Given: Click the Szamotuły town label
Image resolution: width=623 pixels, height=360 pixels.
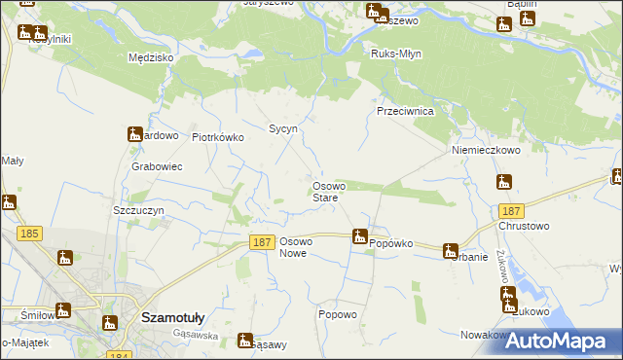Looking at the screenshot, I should point(171,317).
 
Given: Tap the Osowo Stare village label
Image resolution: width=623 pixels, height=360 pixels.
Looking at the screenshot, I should point(325,192).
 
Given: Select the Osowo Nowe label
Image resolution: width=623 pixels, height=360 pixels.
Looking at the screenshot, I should point(294,247).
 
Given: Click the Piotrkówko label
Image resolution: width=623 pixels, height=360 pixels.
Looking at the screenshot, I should point(217,138).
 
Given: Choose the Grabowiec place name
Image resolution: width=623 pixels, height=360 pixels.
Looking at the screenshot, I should point(157,166).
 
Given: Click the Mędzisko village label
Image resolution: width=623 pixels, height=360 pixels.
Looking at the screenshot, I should point(151,58).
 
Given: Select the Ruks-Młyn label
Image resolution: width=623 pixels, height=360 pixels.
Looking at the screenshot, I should point(397,54).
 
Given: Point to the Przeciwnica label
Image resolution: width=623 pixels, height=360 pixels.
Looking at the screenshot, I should point(405,112).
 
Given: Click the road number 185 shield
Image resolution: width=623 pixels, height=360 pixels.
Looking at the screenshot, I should point(28,234).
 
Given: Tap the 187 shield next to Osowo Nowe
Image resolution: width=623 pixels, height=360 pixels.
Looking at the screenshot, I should point(260,241).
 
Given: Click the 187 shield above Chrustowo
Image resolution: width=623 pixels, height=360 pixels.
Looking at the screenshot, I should point(511,211).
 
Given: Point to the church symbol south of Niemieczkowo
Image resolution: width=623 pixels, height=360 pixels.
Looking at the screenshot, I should point(504,182).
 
